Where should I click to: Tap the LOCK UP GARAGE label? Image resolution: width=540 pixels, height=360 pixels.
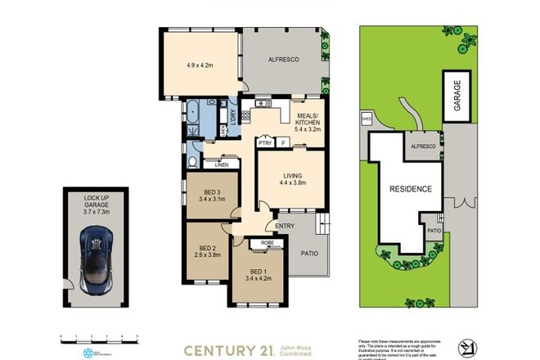(96, 204)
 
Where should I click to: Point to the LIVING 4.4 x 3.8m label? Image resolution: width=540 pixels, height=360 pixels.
(292, 178)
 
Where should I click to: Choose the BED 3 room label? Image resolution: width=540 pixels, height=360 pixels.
(210, 193)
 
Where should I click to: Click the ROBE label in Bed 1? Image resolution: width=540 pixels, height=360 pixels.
(266, 242)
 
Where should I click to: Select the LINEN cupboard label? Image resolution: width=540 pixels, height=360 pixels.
(221, 164)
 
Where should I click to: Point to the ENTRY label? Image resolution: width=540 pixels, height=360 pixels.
(285, 227)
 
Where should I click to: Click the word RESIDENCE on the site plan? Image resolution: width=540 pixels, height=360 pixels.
(410, 188)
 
